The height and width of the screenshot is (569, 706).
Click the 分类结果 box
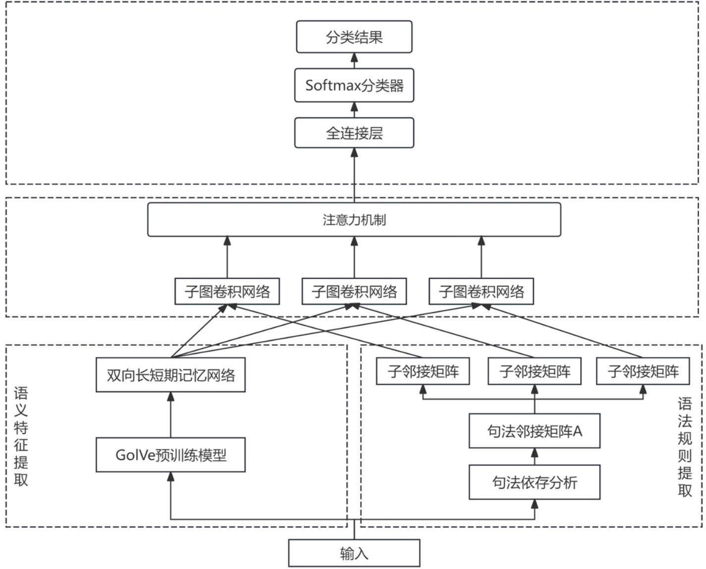click(354, 37)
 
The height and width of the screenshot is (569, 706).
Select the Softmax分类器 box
click(354, 86)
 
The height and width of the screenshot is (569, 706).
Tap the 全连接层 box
click(354, 133)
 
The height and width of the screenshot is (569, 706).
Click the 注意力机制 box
click(354, 219)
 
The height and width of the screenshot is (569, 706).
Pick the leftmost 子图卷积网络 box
click(227, 292)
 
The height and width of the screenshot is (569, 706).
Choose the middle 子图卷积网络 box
click(354, 292)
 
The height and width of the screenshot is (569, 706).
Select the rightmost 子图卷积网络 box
click(481, 292)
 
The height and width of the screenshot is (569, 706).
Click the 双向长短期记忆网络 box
click(170, 375)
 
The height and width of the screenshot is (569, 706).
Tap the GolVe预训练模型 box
click(170, 455)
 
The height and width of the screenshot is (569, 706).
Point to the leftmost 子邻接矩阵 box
click(423, 371)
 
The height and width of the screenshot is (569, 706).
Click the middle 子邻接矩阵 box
click(535, 371)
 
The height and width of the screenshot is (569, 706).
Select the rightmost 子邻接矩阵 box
click(643, 371)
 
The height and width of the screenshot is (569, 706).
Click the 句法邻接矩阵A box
click(535, 431)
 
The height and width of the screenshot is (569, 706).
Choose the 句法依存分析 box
click(535, 482)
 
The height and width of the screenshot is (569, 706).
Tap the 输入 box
click(354, 553)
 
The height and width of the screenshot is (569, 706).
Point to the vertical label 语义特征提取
click(21, 436)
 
